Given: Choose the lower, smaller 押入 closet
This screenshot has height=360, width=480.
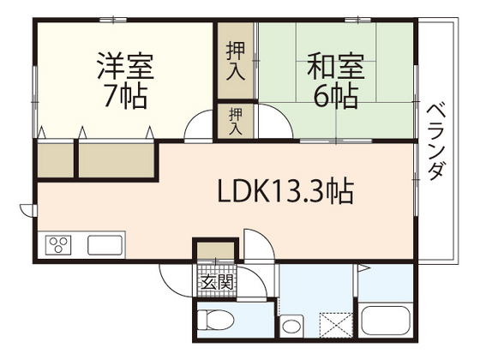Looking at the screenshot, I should (235, 120).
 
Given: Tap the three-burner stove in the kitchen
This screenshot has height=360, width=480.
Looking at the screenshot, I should (58, 246).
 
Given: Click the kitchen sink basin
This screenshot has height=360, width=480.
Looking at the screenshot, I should (105, 246).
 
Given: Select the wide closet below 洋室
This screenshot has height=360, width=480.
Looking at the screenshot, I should (117, 159).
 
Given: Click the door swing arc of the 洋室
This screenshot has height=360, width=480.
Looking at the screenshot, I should (199, 127).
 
